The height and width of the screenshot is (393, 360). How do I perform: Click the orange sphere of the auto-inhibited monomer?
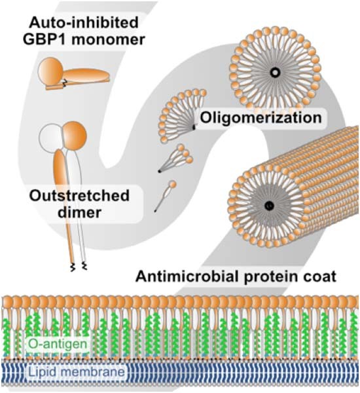pos(51,70)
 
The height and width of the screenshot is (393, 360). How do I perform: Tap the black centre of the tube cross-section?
pos(268,206)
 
